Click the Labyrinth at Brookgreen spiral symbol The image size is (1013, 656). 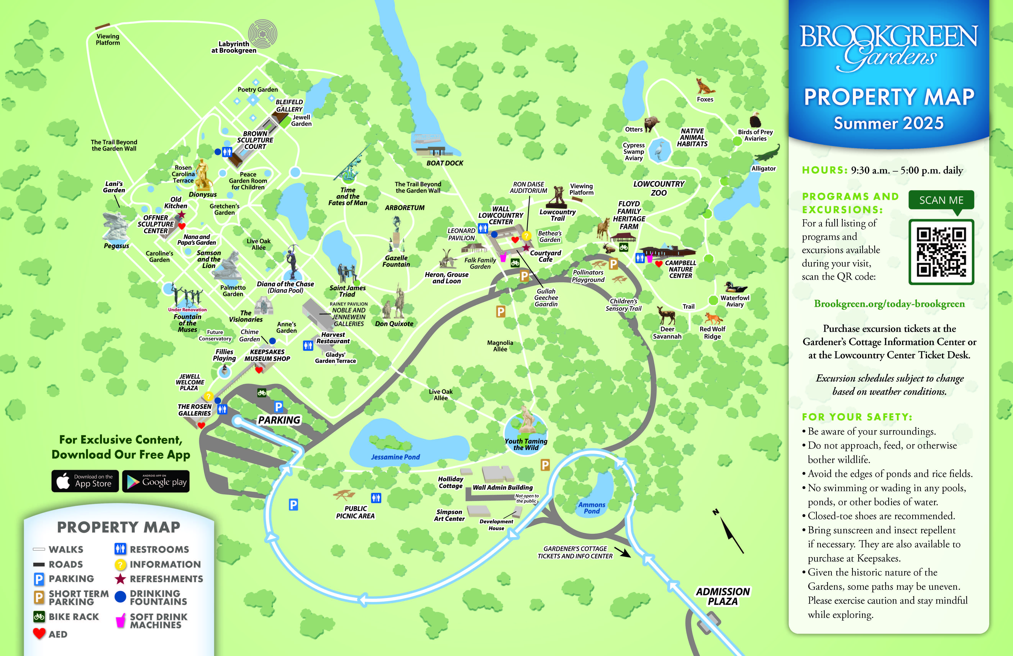click(263, 34)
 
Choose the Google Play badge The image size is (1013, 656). click(156, 481)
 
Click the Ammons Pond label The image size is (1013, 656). click(592, 508)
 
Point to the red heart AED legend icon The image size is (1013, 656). click(39, 633)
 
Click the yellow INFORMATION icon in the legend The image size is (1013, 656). click(120, 564)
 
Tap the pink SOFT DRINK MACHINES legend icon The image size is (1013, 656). click(120, 621)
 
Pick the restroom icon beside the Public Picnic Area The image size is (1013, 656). click(376, 497)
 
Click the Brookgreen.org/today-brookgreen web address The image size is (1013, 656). click(889, 304)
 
